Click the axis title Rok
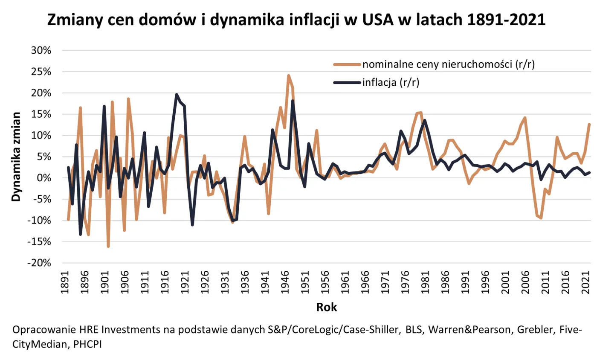click(326, 307)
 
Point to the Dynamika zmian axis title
click(16, 157)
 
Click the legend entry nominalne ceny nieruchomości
click(448, 65)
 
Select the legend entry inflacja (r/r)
click(391, 83)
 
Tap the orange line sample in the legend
click(347, 65)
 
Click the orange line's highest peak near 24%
click(289, 75)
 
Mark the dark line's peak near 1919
click(177, 95)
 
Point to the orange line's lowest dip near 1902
click(108, 247)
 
